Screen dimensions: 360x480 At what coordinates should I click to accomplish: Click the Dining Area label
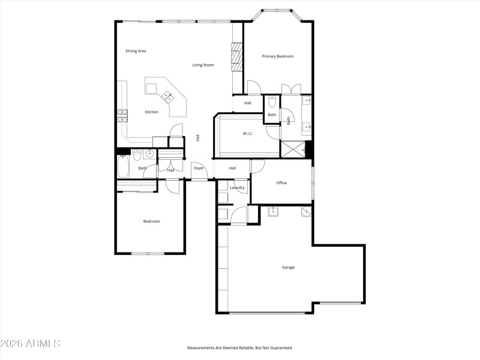[x=136, y=51]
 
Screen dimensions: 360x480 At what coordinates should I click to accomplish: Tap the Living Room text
[x=203, y=65]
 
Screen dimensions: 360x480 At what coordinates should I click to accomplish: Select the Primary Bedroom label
[x=278, y=56]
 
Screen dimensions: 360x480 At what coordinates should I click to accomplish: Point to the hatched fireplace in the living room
[x=237, y=53]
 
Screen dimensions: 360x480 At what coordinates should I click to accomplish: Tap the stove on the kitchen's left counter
[x=123, y=112]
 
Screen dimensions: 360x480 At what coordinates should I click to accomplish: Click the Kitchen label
[x=151, y=112]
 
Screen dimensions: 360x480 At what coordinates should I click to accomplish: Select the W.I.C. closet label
[x=247, y=133]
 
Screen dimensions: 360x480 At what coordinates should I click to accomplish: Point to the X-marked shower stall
[x=293, y=149]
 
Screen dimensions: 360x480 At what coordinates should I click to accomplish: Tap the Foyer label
[x=198, y=169]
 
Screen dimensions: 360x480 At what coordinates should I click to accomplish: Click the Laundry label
[x=237, y=188]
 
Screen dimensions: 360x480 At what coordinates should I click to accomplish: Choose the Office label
[x=281, y=183]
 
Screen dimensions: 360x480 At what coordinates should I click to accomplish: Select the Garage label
[x=289, y=267]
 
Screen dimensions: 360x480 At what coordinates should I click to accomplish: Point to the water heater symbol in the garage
[x=305, y=211]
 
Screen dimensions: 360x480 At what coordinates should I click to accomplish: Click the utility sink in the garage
[x=274, y=211]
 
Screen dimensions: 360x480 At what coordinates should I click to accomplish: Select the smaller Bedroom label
[x=151, y=221]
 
